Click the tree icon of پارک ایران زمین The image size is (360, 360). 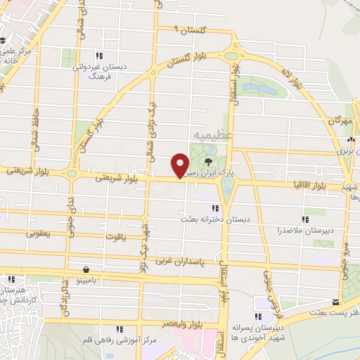(207, 161)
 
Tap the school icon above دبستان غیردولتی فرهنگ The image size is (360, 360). (101, 56)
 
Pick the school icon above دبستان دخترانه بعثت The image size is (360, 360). (214, 207)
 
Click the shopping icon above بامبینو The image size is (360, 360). (86, 269)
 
